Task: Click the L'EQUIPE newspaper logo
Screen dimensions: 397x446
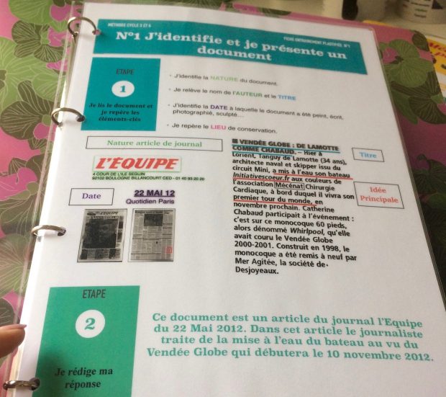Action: [x=136, y=164]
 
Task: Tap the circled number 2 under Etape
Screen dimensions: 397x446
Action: [x=89, y=324]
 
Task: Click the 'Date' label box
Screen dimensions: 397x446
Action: [x=91, y=196]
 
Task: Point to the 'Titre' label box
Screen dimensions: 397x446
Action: [x=368, y=155]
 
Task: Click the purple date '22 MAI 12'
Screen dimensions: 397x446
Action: [x=153, y=193]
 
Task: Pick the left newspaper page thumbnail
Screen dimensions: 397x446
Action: [x=101, y=235]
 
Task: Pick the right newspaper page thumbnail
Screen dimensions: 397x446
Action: [x=151, y=235]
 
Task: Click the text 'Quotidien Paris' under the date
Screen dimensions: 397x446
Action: [x=153, y=202]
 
